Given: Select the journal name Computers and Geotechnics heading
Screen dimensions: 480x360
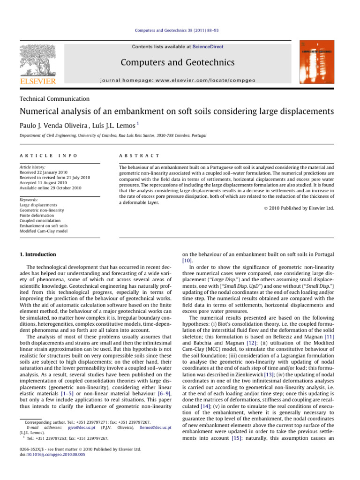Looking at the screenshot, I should click(x=178, y=62).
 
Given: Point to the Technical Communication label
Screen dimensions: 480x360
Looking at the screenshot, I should click(x=54, y=99).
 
